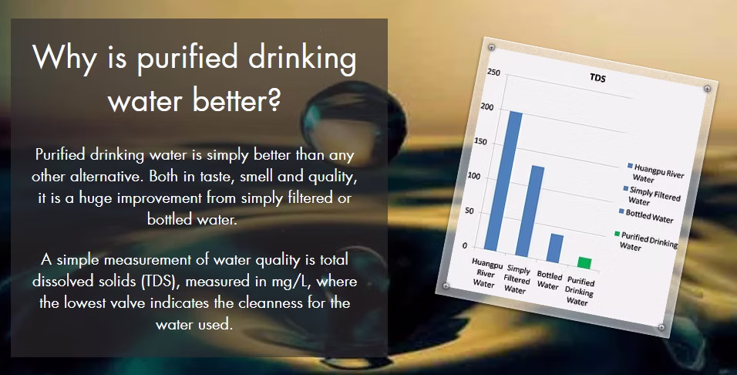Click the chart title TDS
point(598,78)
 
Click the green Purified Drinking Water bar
point(584,263)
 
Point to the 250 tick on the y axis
point(493,73)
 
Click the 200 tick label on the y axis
point(487,106)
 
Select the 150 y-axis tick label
point(481,142)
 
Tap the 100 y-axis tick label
point(475,177)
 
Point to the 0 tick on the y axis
point(465,245)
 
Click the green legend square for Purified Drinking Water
point(617,234)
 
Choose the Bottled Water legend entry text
point(649,216)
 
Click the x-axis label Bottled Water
point(549,280)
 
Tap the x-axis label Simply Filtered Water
point(517,279)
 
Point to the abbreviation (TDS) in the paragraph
point(158,282)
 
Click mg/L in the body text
point(293,282)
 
